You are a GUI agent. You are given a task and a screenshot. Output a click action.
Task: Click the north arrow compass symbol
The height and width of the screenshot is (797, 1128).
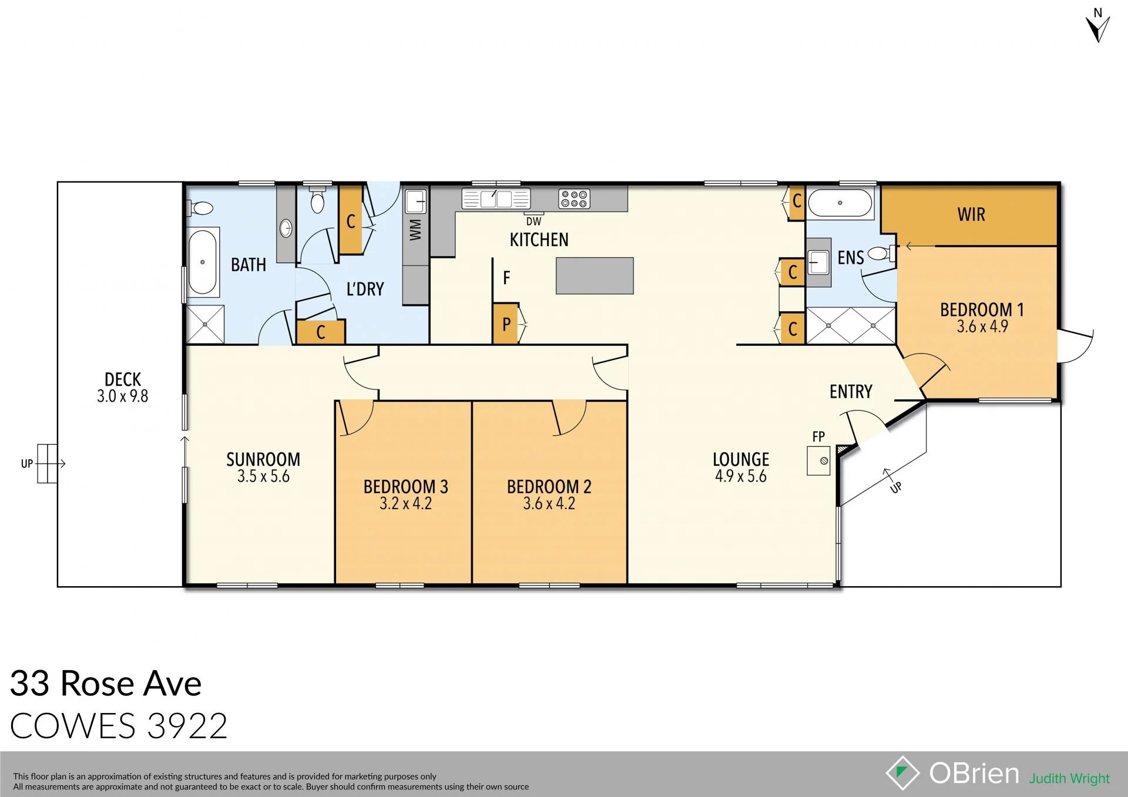click(1097, 26)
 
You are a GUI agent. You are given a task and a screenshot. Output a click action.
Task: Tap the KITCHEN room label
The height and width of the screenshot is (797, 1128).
click(539, 240)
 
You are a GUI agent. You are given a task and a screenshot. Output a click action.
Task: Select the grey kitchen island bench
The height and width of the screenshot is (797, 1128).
click(595, 275)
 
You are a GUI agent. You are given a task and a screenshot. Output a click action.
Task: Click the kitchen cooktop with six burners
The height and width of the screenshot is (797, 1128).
click(574, 199)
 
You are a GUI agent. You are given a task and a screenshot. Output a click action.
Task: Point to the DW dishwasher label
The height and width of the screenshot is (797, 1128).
click(533, 222)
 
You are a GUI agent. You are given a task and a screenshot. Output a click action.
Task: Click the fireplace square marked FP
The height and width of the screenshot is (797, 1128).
click(818, 460)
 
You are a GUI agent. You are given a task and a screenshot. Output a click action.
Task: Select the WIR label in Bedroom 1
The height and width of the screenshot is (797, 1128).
click(971, 215)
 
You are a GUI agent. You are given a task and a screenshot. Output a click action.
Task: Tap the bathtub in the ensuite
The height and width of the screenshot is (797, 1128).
click(840, 203)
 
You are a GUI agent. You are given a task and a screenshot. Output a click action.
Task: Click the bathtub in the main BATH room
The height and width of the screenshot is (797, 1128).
click(203, 262)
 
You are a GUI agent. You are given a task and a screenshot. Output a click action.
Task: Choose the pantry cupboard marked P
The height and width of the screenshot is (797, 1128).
click(506, 324)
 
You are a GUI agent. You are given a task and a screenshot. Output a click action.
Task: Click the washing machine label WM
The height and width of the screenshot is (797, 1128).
click(415, 230)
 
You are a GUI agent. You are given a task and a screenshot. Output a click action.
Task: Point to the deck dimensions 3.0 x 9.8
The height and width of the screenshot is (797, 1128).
click(122, 396)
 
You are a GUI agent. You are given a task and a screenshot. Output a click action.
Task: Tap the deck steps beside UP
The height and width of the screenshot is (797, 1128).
click(47, 463)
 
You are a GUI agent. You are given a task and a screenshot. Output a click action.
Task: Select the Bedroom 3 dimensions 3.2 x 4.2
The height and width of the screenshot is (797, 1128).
click(405, 504)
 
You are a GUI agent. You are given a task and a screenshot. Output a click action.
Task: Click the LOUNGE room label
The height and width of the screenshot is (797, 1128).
click(741, 459)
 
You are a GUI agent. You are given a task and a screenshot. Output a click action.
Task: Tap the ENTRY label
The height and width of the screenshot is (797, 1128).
click(851, 392)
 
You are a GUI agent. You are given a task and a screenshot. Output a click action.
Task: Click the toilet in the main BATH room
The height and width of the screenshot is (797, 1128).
click(202, 208)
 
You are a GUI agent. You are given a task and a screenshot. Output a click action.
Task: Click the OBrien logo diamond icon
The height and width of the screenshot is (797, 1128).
click(902, 773)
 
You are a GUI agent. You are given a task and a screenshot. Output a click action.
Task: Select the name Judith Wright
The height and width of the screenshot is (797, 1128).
click(1069, 778)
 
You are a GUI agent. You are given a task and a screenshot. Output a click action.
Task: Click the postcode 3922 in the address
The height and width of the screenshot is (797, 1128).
click(187, 727)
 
